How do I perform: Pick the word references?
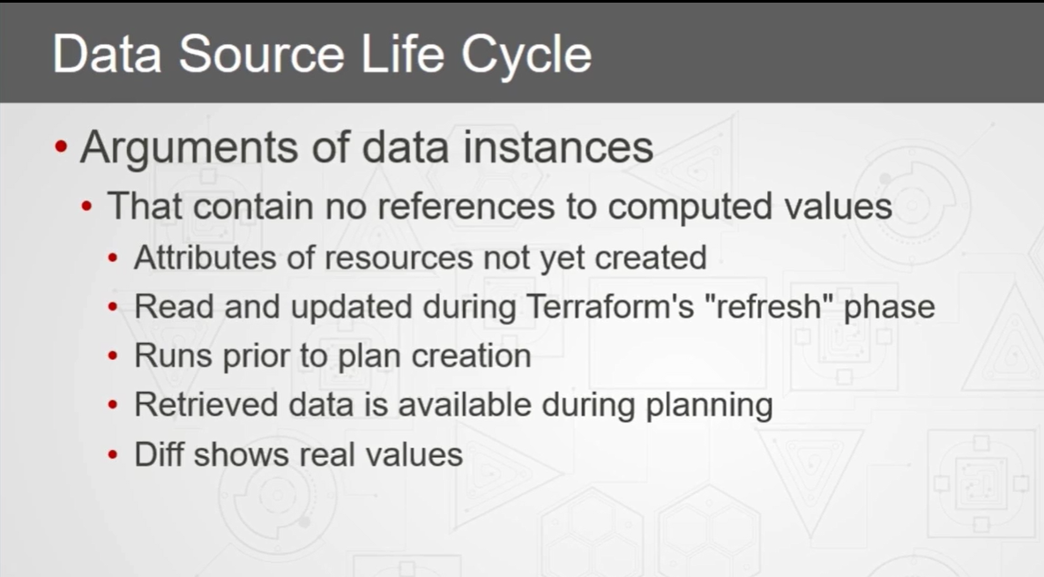point(466,206)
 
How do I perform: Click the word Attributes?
point(205,258)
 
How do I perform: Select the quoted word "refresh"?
point(768,306)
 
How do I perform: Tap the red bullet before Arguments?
point(61,147)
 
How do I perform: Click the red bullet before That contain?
point(86,206)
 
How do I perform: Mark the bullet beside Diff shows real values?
point(113,455)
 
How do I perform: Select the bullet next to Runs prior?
point(113,356)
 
